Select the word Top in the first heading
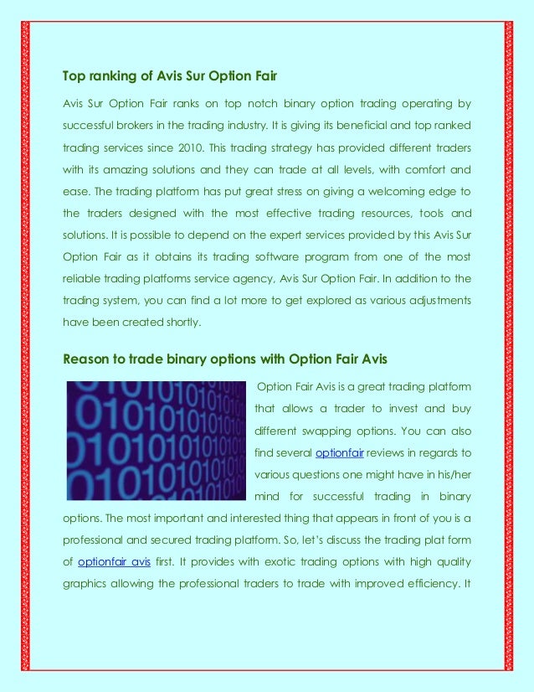point(74,77)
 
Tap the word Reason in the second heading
point(87,360)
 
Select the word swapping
point(340,431)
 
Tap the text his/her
point(454,475)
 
